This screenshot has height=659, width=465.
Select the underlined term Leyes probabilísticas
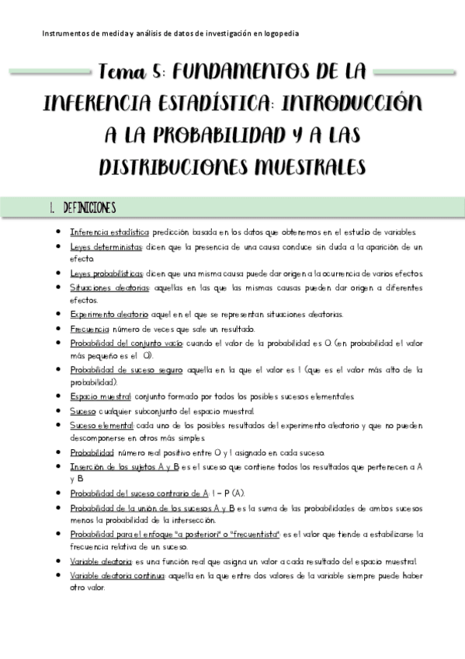pyautogui.click(x=106, y=274)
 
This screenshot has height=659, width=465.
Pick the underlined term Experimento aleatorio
pyautogui.click(x=109, y=315)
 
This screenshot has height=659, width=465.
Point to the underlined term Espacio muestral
pyautogui.click(x=99, y=397)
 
